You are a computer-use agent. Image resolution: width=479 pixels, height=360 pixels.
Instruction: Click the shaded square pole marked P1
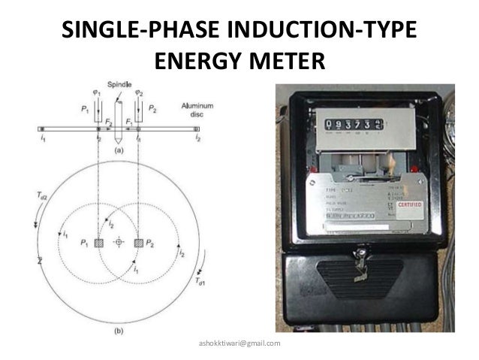coord(98,243)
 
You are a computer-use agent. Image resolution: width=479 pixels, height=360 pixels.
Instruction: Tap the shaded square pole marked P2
coord(139,243)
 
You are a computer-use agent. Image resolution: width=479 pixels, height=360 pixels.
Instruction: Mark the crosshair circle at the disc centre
coord(119,244)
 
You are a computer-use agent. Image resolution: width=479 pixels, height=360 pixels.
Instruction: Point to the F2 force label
coord(110,121)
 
